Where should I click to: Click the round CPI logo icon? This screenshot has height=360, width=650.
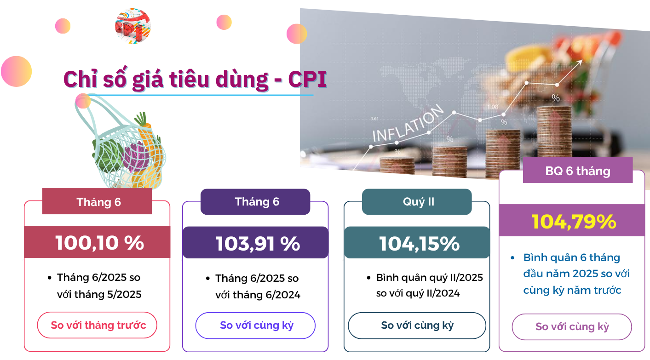coord(133,26)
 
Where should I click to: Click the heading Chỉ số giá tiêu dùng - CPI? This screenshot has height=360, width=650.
coord(195,79)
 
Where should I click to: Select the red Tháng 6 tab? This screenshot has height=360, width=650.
coord(97,201)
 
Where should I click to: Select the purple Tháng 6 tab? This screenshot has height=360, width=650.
coord(255,202)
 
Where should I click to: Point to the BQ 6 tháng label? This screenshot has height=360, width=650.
coord(578,171)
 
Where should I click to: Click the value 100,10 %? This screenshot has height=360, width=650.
coord(99,242)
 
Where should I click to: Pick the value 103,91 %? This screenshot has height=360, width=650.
coord(258,243)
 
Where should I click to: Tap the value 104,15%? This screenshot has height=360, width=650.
coord(420,243)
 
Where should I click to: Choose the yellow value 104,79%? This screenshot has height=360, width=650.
coord(574,222)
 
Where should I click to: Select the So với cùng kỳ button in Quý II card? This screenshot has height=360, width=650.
coord(417,326)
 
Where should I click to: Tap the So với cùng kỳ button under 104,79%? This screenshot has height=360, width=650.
coord(572,327)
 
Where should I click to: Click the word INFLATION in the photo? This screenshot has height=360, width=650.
coord(408,124)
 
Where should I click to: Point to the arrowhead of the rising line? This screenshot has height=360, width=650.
coord(580,62)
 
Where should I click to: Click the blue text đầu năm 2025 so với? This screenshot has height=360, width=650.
coord(576,274)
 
